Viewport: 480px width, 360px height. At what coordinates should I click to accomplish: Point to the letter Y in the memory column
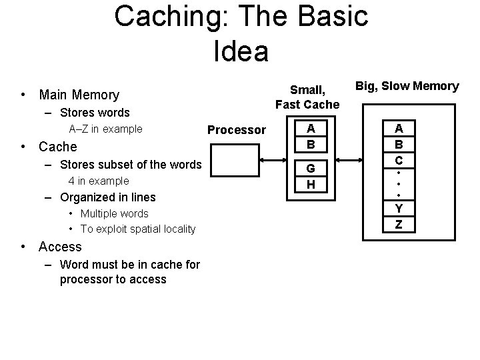coord(399,209)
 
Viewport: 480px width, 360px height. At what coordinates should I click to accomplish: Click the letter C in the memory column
coord(399,161)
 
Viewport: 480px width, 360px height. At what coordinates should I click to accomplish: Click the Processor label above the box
coord(237,129)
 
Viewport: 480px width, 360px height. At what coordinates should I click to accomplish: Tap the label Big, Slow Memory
coord(407,86)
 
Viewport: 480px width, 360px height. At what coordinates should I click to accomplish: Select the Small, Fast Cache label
coord(307,97)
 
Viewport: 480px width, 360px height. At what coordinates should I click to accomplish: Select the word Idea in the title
coord(241,51)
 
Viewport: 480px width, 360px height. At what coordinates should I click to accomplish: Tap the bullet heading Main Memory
coord(79,95)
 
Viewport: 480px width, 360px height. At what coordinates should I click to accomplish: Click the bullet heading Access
coord(59,247)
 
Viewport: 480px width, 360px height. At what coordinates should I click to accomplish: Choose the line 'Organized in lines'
coord(107,197)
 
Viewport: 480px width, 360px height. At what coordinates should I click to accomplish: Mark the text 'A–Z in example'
coord(105,129)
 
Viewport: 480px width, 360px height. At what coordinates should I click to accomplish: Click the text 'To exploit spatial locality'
coord(138,229)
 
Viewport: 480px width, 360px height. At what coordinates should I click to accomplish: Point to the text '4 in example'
coord(99,181)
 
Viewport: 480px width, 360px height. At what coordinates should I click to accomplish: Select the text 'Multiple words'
coord(114,213)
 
